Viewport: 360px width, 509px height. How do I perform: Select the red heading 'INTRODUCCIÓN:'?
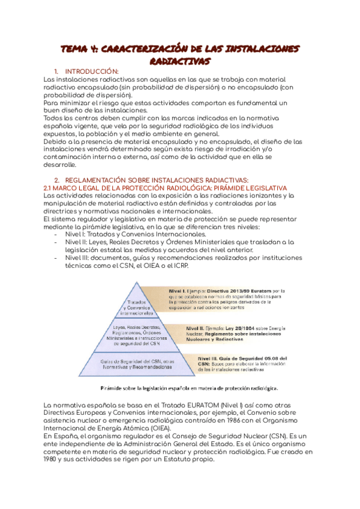[92, 72]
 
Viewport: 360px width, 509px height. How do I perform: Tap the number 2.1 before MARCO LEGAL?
[50, 188]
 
